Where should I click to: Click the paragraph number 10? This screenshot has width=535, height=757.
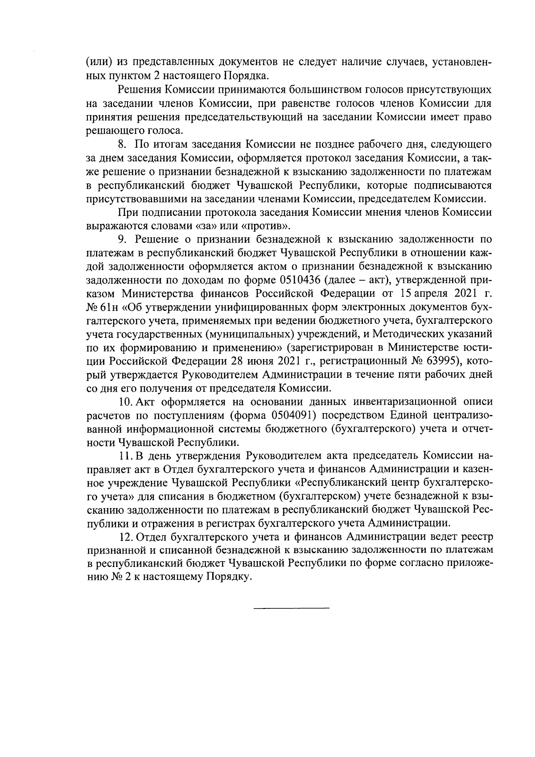tap(125, 403)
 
